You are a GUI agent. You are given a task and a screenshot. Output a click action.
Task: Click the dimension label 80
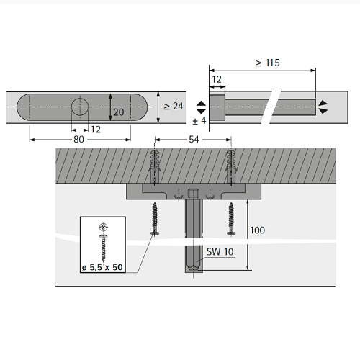(78, 139)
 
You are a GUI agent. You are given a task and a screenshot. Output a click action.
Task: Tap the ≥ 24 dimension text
(174, 106)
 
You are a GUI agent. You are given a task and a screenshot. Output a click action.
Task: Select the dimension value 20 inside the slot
(119, 112)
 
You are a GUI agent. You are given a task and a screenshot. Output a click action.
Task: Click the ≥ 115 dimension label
(268, 63)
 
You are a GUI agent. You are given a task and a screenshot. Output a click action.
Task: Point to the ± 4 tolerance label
(199, 120)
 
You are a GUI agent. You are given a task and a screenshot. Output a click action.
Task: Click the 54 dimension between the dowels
(194, 140)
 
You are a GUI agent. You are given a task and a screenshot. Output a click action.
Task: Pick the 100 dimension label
(258, 230)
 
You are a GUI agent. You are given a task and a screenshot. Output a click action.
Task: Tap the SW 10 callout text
(220, 252)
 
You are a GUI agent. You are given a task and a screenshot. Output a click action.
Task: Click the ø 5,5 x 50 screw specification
(102, 267)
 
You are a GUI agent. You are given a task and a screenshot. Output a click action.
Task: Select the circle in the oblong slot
(80, 107)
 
